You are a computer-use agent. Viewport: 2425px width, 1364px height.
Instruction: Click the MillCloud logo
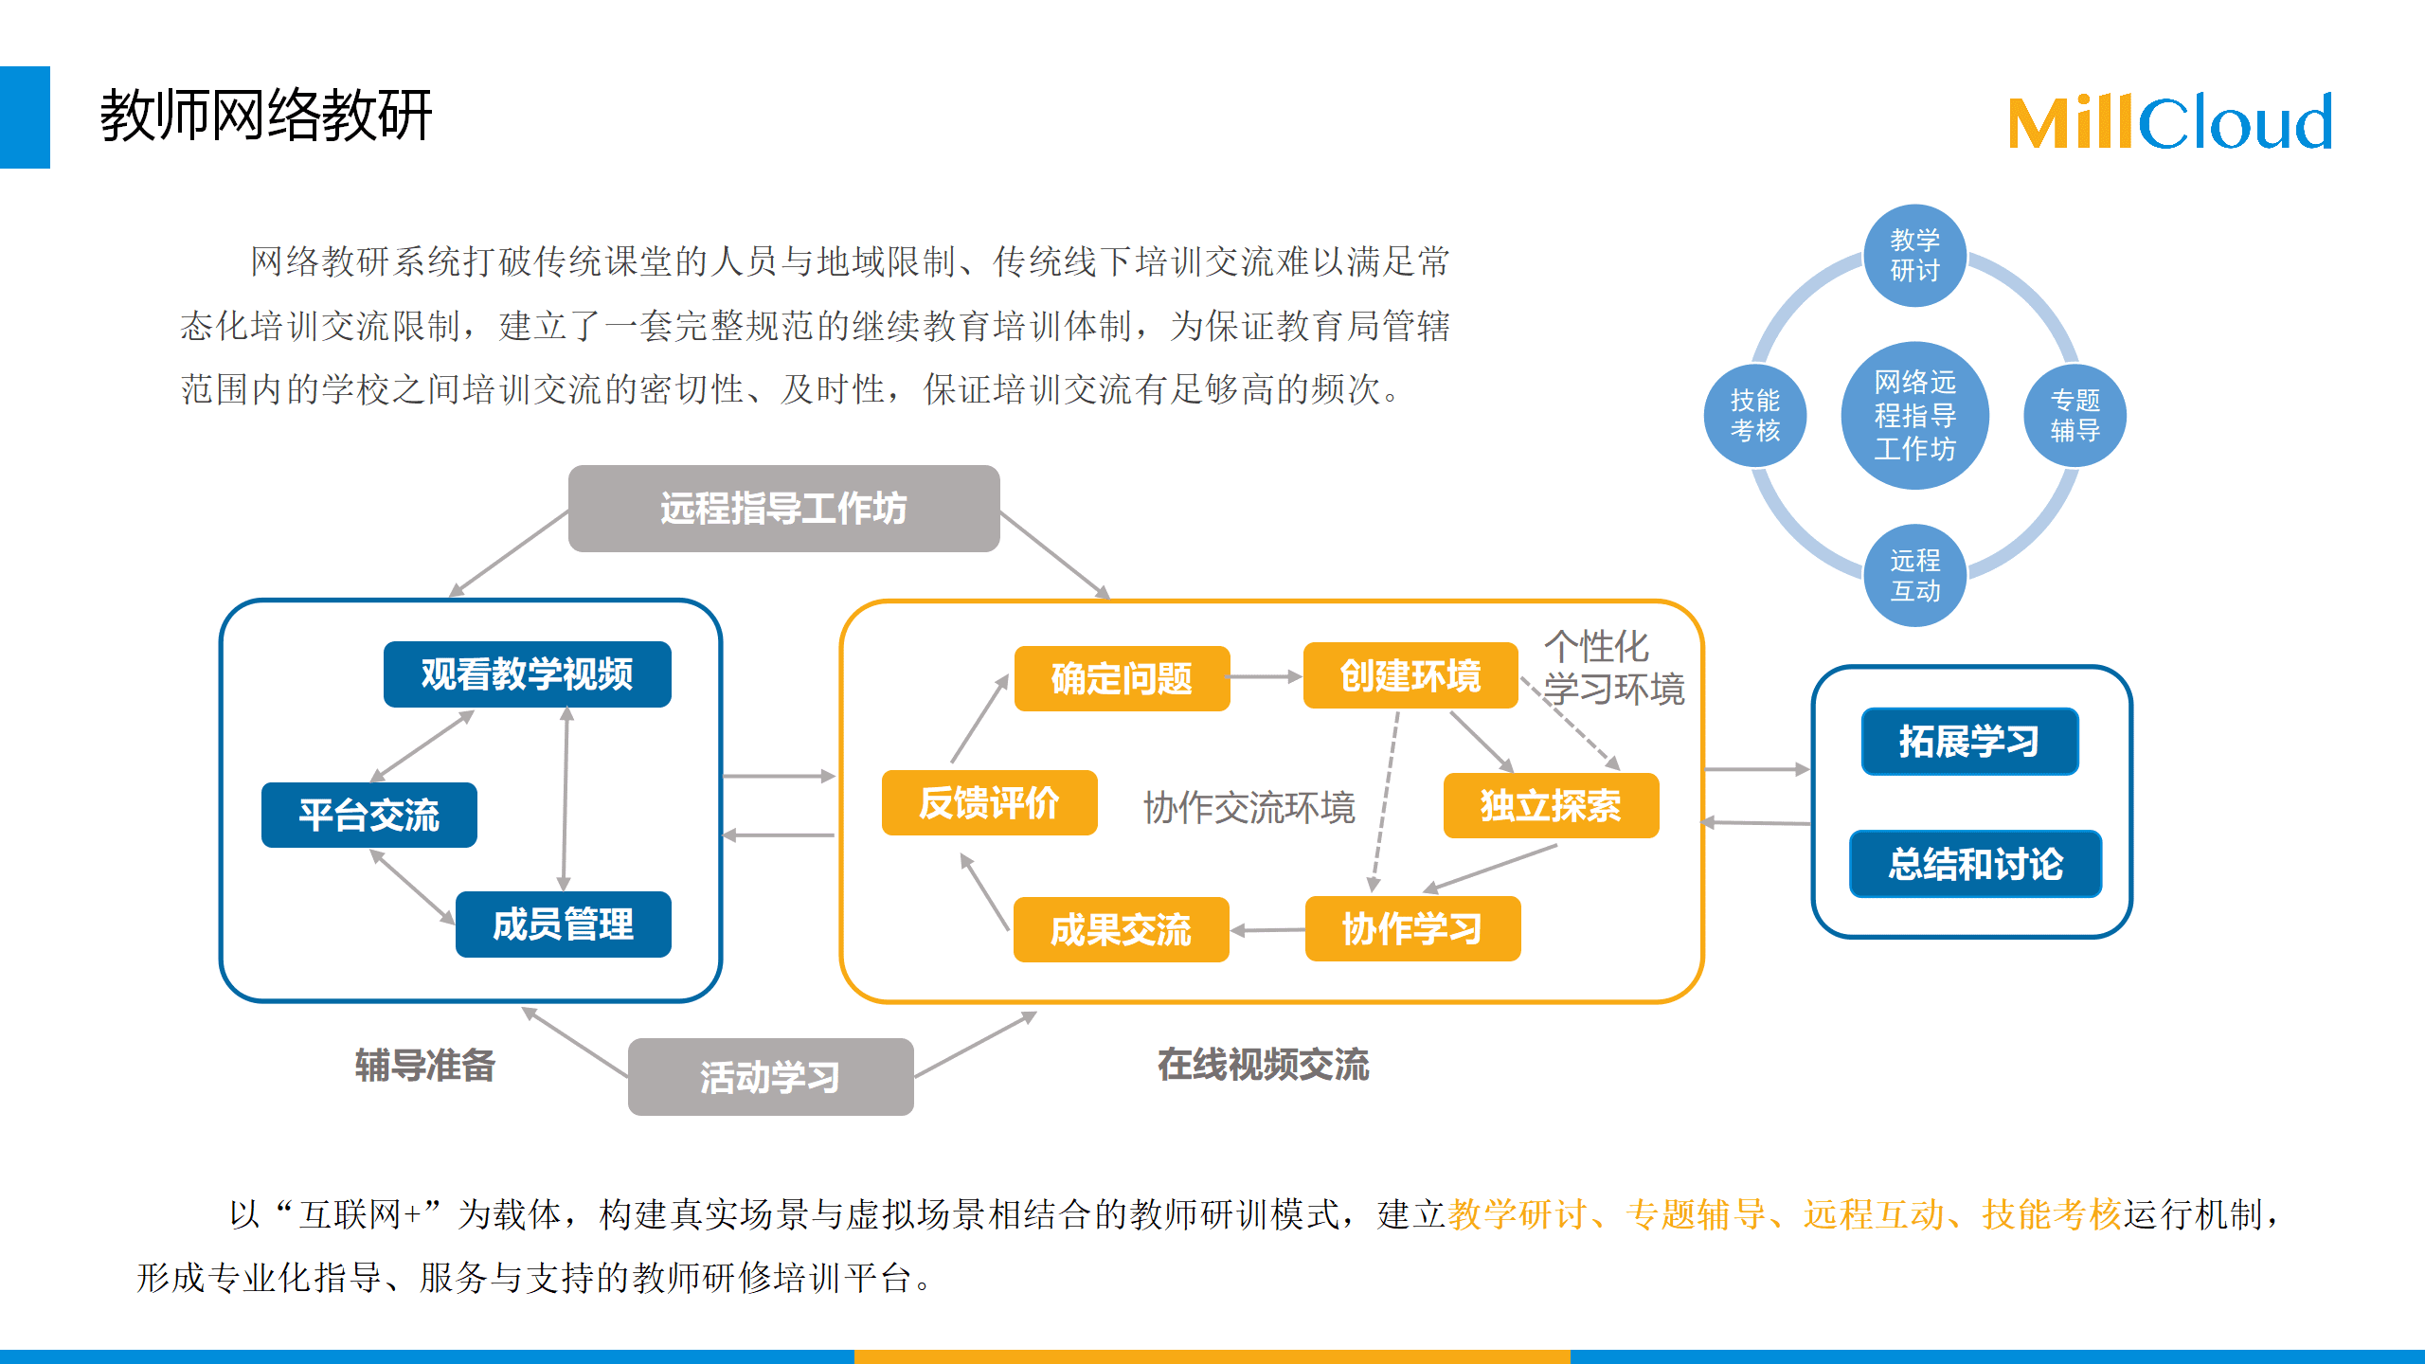[x=2169, y=122]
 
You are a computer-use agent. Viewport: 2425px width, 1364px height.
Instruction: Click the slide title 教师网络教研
[x=266, y=116]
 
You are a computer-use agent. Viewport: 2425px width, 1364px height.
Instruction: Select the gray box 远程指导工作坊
[x=783, y=509]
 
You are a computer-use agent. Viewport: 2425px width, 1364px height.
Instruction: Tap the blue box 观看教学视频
[x=528, y=674]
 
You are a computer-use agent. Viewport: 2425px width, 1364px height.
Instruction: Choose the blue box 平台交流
[x=369, y=815]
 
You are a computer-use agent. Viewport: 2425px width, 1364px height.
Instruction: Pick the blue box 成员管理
[x=564, y=924]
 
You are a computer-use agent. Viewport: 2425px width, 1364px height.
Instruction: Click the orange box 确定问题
[x=1123, y=678]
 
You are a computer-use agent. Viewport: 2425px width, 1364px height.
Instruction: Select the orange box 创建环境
[x=1410, y=675]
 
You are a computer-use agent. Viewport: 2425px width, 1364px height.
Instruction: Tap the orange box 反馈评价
[x=990, y=802]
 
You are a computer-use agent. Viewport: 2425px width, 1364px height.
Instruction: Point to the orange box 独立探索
[x=1552, y=806]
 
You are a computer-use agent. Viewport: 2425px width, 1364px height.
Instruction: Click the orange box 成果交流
[x=1122, y=929]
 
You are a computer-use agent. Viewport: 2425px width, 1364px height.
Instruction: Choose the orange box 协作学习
[x=1413, y=928]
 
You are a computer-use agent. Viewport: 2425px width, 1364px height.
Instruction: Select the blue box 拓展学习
[x=1970, y=742]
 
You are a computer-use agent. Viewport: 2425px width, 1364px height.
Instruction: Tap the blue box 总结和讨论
[x=1976, y=864]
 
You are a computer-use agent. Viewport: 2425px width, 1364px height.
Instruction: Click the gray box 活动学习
[x=771, y=1077]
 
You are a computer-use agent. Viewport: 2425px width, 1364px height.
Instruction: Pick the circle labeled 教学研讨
[x=1915, y=256]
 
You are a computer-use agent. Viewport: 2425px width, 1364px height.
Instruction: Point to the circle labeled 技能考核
[x=1755, y=416]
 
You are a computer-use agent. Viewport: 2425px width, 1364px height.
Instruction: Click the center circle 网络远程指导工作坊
[x=1915, y=416]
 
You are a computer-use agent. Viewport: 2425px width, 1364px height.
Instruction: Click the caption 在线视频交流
[x=1264, y=1065]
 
